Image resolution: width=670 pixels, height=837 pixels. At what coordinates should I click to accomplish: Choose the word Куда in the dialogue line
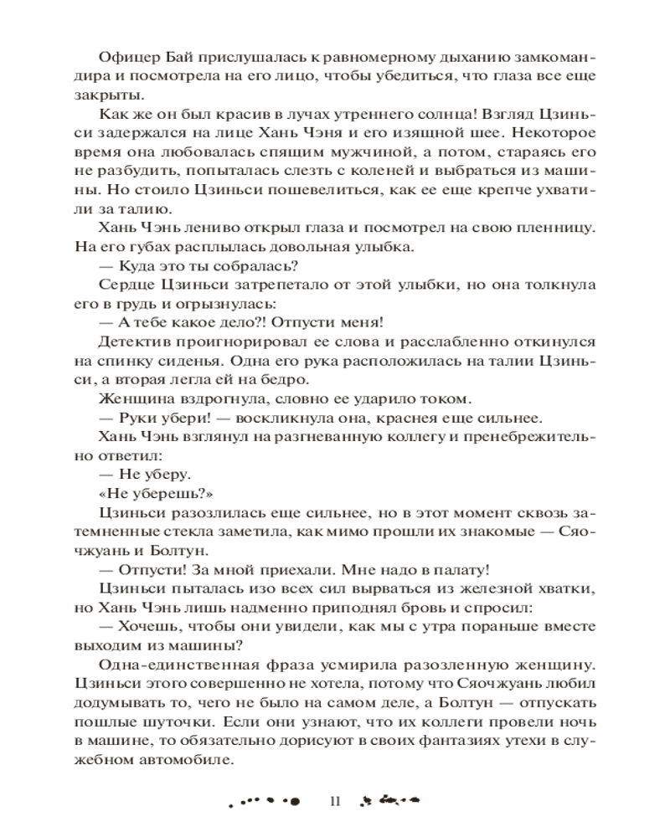[145, 267]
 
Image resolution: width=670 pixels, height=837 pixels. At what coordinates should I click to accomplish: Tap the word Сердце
[125, 285]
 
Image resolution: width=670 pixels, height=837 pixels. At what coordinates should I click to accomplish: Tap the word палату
[461, 570]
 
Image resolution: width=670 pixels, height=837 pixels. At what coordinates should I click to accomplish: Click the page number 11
[335, 801]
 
